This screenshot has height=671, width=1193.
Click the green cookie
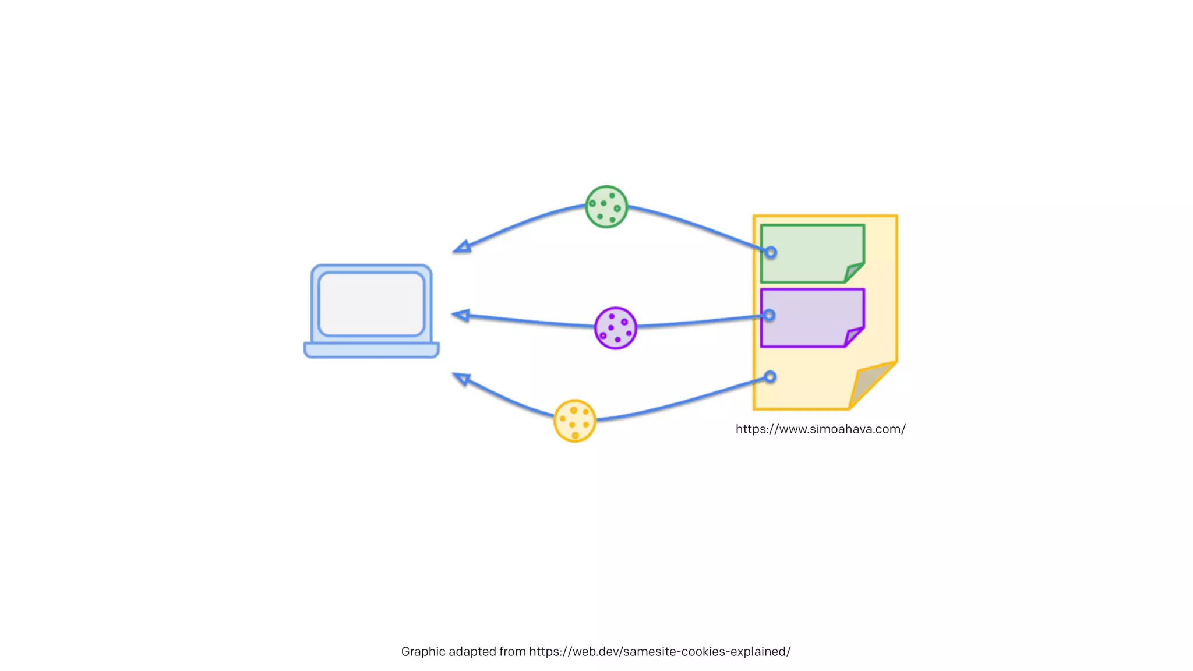tap(606, 207)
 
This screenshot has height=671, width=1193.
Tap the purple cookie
tap(615, 328)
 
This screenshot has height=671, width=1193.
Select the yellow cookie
tap(574, 421)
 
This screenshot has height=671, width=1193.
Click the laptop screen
tap(372, 303)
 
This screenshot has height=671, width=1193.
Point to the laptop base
tap(372, 350)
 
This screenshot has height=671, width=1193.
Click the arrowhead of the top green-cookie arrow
tap(462, 248)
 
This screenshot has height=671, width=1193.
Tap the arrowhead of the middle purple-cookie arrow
tap(461, 315)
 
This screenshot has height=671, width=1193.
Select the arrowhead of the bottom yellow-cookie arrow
tap(461, 379)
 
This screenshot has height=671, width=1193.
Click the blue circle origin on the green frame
tap(771, 253)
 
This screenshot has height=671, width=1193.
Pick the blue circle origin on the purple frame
tap(770, 315)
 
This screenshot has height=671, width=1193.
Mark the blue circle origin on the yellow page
tap(770, 377)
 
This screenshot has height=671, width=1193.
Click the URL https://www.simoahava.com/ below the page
tap(820, 429)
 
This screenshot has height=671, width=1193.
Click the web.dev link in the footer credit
tap(659, 652)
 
